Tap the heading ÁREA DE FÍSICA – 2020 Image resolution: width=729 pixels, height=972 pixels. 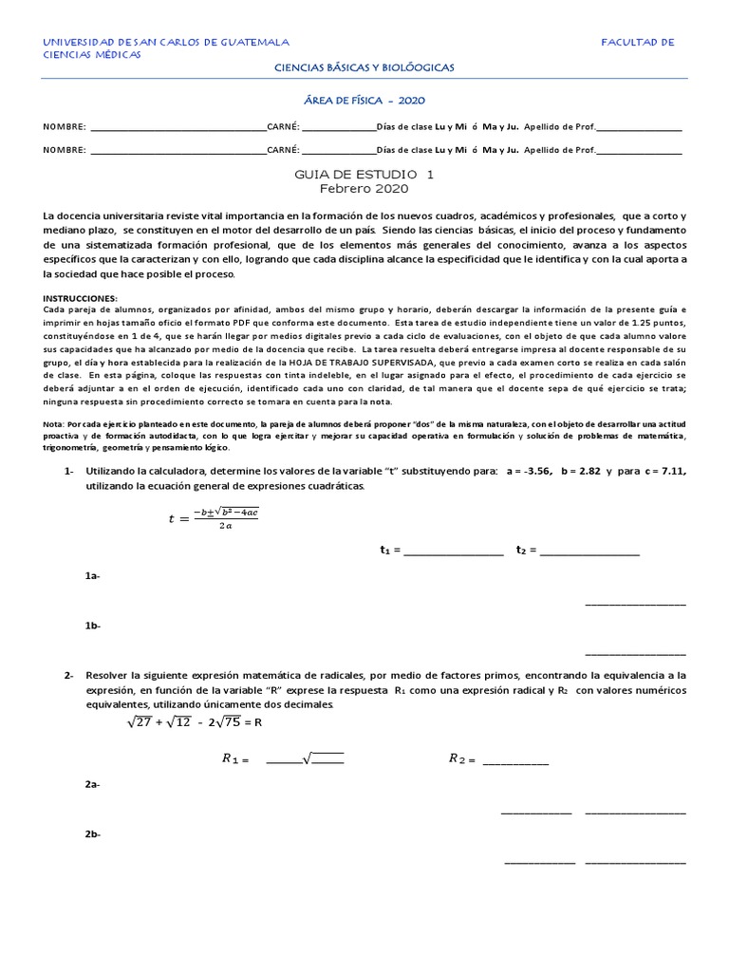click(364, 100)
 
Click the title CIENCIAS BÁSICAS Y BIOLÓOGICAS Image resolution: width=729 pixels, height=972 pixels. click(364, 67)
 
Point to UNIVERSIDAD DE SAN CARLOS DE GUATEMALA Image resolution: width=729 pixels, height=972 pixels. click(167, 43)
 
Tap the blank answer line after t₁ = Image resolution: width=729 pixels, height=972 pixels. click(454, 551)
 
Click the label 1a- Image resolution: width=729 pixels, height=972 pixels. click(93, 576)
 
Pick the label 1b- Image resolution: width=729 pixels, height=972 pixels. click(93, 626)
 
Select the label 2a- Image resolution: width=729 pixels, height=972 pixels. click(93, 784)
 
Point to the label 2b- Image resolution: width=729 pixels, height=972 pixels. click(93, 833)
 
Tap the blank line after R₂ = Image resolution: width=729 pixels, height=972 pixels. click(515, 759)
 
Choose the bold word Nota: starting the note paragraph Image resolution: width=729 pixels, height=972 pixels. click(55, 421)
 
